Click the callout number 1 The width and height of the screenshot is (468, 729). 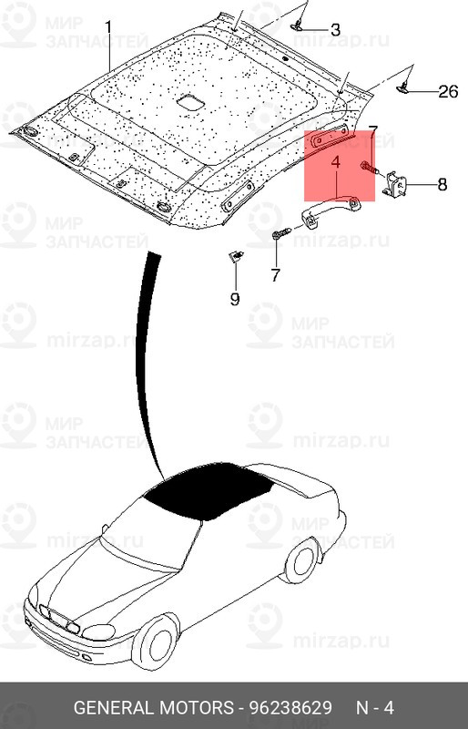click(108, 28)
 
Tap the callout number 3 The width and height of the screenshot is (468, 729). click(334, 30)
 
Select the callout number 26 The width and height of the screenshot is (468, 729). click(447, 90)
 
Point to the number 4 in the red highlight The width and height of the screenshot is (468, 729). click(335, 162)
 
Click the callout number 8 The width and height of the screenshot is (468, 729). click(442, 185)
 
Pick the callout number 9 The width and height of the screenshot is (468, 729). click(234, 298)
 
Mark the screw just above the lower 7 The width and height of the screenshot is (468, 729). click(279, 236)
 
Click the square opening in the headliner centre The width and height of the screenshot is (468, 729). click(191, 104)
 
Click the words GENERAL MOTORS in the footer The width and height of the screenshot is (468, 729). click(153, 707)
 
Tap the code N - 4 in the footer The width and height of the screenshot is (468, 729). click(373, 707)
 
